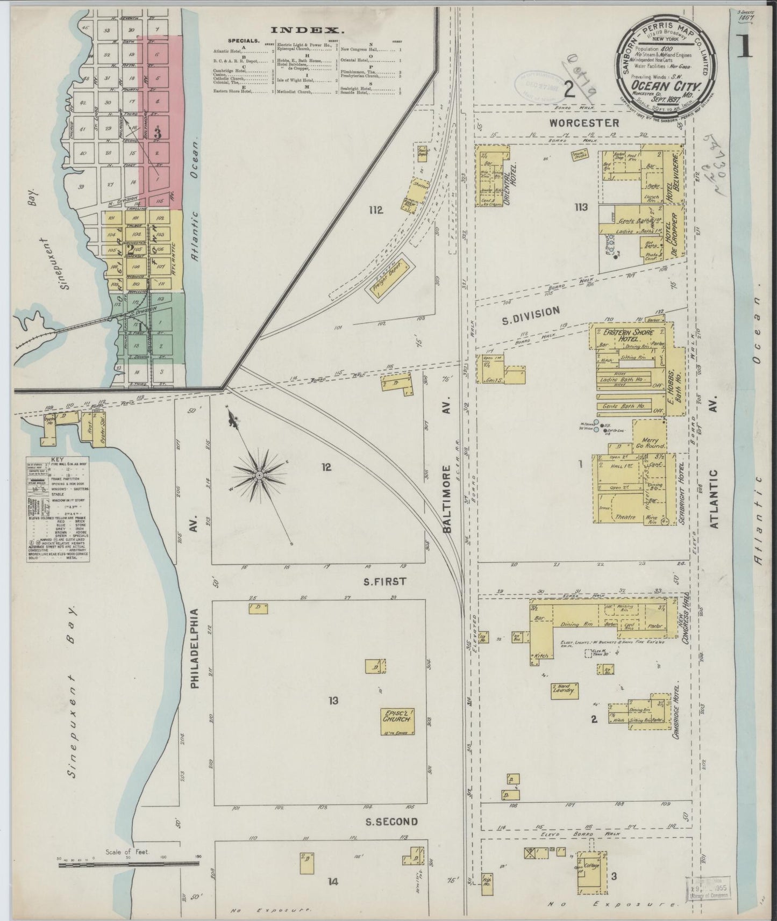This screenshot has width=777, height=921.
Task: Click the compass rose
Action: (x=259, y=475)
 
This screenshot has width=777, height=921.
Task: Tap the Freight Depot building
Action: (x=388, y=279)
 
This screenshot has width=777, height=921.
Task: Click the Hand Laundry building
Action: (x=564, y=690)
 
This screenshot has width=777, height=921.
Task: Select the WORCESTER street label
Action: (x=583, y=123)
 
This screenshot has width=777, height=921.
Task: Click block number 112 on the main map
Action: (x=375, y=210)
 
